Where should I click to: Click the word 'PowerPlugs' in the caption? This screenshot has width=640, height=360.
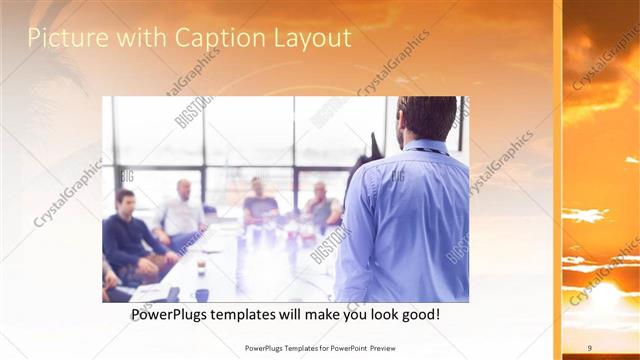tap(174, 315)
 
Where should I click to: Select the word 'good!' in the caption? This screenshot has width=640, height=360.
tap(418, 315)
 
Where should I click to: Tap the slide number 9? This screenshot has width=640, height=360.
tap(590, 347)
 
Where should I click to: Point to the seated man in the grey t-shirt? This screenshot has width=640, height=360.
tap(260, 205)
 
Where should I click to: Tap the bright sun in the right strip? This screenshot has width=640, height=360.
tap(601, 296)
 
